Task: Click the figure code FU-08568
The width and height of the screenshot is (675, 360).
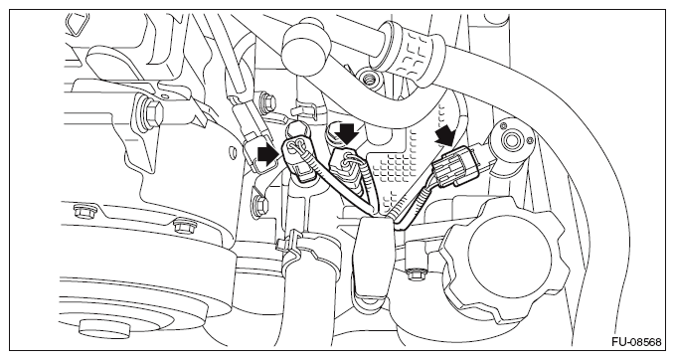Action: coord(636,342)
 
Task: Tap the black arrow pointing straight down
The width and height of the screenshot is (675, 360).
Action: coord(347,134)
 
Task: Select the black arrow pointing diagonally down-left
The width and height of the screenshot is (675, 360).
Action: coord(445,137)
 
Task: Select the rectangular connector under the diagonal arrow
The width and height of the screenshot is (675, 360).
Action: coord(456,166)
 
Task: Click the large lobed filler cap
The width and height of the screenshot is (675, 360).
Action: coord(504,258)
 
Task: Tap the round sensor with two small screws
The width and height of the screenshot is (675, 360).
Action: coord(512,141)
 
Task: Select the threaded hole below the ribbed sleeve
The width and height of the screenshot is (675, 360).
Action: coord(368,80)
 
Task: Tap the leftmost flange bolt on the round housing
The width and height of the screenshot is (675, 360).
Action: coord(82,212)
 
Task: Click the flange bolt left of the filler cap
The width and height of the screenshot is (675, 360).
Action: coord(415,274)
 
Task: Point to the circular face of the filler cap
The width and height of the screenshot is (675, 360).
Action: coord(508,256)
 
